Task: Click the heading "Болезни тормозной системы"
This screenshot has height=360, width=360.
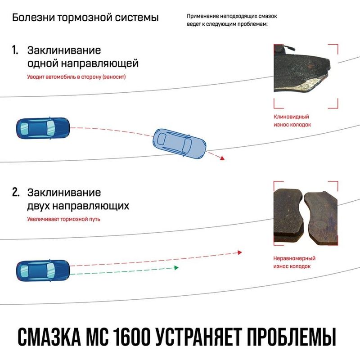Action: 85,18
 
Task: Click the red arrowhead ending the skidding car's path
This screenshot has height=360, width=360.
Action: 222,158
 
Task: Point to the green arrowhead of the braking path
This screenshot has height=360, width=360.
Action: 176,268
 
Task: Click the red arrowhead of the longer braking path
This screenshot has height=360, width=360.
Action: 240,252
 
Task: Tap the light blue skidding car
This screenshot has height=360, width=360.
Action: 179,144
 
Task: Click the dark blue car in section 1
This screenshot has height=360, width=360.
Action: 43,128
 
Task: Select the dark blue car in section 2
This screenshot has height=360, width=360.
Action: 43,271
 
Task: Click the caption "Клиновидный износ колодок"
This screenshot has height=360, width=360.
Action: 292,121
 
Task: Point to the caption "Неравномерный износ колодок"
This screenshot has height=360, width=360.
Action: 294,262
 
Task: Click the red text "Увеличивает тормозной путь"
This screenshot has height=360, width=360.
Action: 63,219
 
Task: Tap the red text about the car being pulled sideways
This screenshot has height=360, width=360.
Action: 76,76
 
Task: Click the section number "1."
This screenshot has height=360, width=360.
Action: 15,50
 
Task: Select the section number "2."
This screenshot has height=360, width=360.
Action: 16,193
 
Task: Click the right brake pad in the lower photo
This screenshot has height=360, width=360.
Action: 321,218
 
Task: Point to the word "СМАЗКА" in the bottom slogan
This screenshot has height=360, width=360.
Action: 49,337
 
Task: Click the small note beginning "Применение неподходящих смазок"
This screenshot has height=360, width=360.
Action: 232,20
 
